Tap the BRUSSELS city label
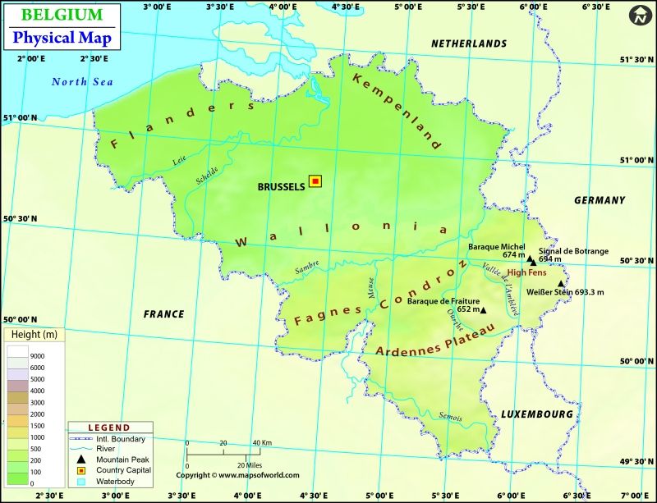tap(282, 186)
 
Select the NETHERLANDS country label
tap(469, 43)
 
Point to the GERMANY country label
tap(600, 200)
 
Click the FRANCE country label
tap(163, 314)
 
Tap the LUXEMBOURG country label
tap(537, 414)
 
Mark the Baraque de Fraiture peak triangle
tap(484, 310)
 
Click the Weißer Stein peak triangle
tap(561, 283)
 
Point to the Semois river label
tap(451, 417)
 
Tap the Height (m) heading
tap(34, 335)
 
